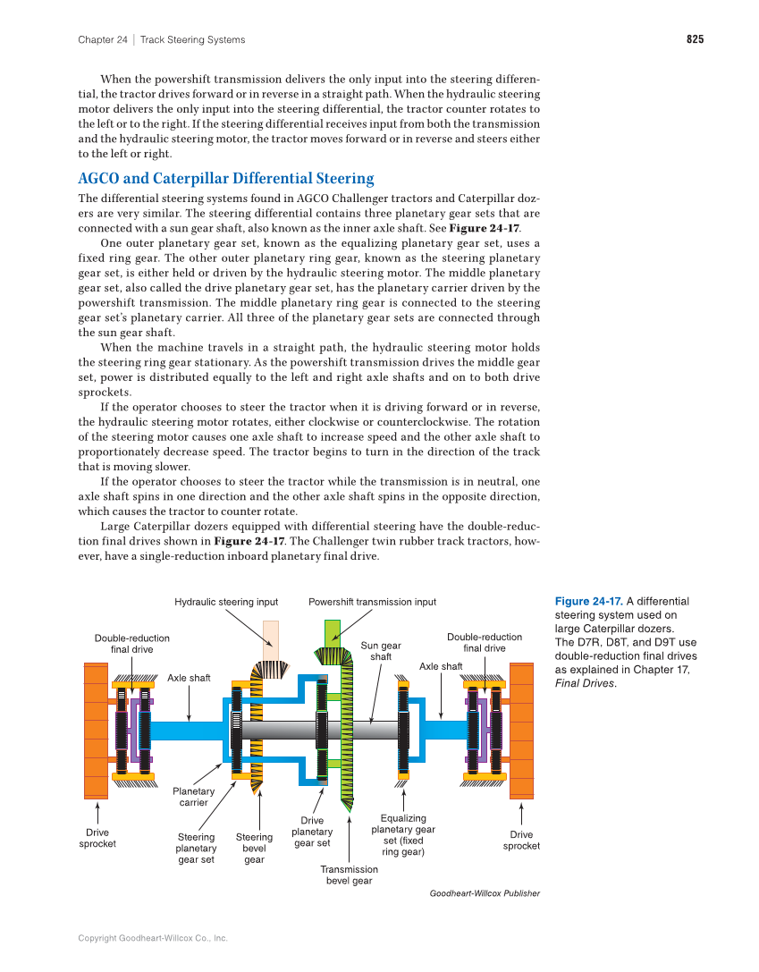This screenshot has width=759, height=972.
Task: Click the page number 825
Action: tap(695, 39)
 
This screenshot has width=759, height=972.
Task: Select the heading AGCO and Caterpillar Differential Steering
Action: tap(225, 178)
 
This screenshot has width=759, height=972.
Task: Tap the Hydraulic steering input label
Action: tap(226, 602)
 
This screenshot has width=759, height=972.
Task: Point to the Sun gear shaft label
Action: tap(381, 651)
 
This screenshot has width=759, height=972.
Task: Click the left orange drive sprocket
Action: tap(96, 731)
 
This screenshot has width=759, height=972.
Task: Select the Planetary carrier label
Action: tap(193, 797)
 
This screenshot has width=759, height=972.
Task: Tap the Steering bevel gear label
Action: tap(254, 849)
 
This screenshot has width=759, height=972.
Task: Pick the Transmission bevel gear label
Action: tap(349, 875)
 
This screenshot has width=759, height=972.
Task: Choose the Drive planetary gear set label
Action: tap(312, 832)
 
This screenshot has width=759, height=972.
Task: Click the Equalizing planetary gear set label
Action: tap(403, 835)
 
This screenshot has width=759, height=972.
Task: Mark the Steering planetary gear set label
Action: tap(196, 849)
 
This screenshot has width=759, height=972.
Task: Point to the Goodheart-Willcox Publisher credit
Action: tap(485, 893)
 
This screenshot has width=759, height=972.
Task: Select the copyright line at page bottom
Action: tap(153, 938)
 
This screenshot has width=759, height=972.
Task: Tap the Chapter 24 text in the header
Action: tap(102, 39)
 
